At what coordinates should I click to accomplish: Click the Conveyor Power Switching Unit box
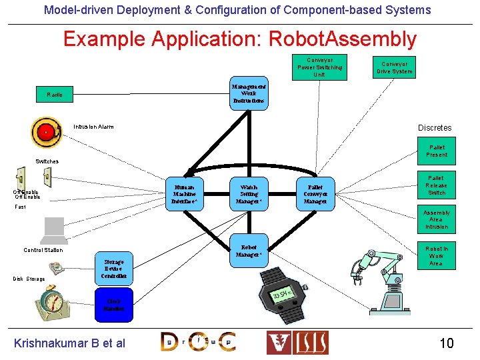319,67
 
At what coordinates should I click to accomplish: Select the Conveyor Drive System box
394,67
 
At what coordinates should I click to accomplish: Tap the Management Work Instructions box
249,93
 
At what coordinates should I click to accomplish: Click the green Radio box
55,95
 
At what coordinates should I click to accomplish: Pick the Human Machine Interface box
184,193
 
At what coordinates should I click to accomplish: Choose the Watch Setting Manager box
249,193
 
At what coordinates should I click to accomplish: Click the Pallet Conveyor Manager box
315,193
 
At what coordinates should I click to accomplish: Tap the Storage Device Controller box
113,268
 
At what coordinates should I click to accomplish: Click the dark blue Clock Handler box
113,305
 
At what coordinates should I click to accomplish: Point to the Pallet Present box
437,151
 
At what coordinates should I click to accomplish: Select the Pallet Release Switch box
437,185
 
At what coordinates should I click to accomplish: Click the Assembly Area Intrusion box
437,219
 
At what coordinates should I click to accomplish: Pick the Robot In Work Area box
437,255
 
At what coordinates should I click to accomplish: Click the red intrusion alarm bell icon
47,131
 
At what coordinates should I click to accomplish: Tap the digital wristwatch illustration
281,293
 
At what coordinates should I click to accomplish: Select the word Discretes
435,127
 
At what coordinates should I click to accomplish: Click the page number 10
446,343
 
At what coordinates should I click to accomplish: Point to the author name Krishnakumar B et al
70,343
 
